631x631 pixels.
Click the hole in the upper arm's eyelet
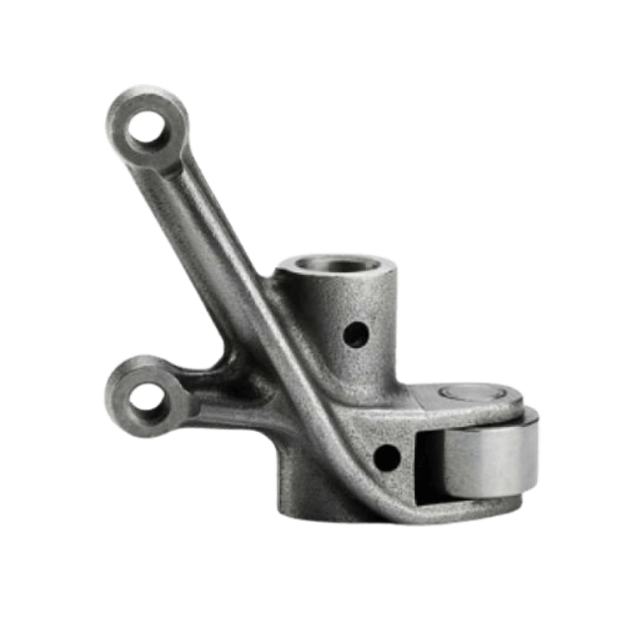tap(148, 125)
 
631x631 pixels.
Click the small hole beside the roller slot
tap(386, 456)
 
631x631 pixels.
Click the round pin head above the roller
tap(469, 392)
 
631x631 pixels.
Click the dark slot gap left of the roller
tap(426, 463)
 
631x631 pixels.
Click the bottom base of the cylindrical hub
tap(315, 508)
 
